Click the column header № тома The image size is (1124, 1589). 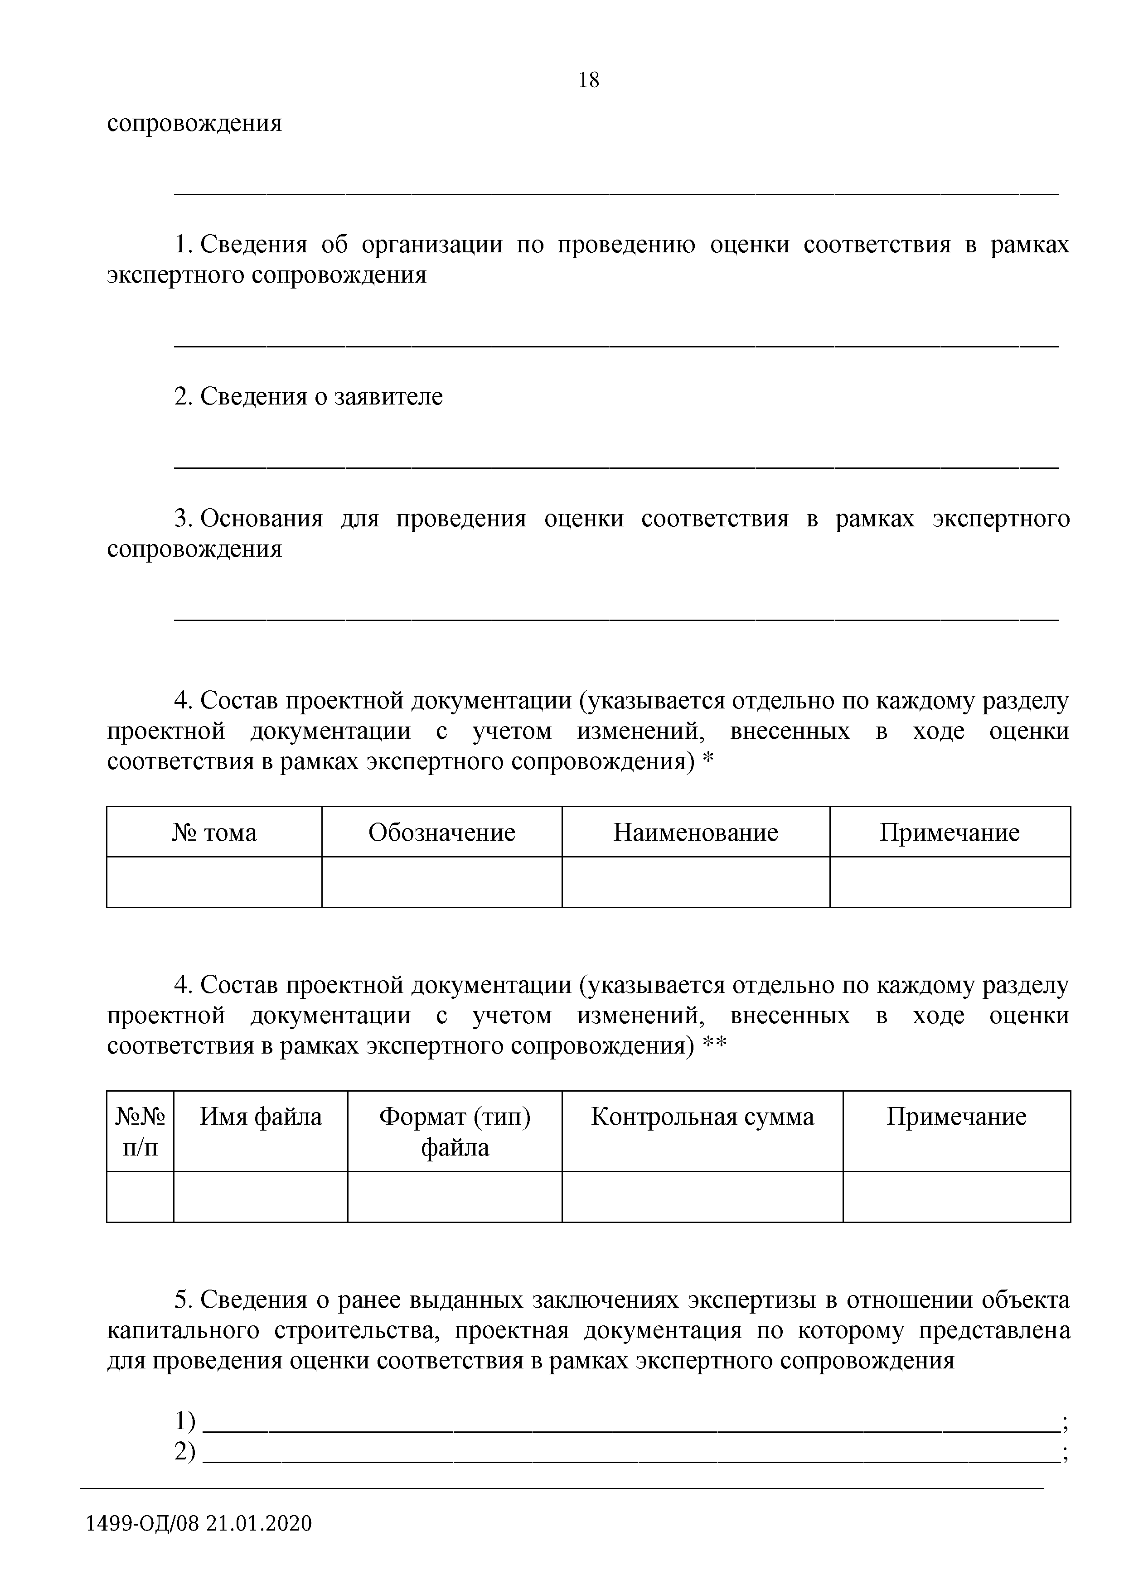coord(214,832)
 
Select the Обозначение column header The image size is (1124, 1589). coord(442,832)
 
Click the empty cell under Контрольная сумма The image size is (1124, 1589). coord(702,1197)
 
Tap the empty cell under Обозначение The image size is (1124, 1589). coord(442,882)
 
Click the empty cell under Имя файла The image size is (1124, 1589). coord(261,1197)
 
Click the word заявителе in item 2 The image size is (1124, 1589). coord(388,396)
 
